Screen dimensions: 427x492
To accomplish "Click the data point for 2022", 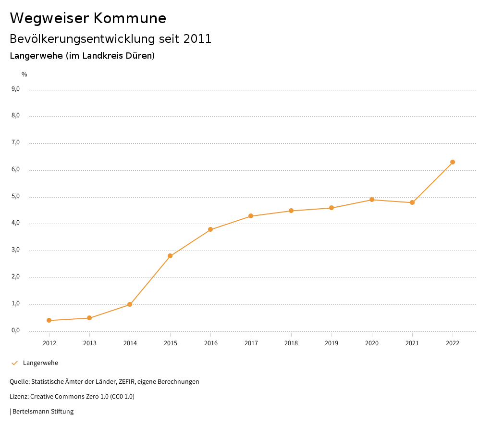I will point(453,162).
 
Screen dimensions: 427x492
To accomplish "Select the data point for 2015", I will point(170,256).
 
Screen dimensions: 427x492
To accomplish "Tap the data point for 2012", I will point(49,320).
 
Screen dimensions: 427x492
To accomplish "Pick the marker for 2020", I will point(372,200).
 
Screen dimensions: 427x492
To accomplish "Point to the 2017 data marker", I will point(251,216).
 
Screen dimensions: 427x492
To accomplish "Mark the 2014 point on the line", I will point(130,304).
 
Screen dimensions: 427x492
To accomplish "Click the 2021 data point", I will point(412,202).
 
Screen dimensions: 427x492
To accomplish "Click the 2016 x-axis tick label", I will point(210,343).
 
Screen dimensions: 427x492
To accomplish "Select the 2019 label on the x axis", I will point(332,343).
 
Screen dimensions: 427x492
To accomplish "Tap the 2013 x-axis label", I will point(89,343).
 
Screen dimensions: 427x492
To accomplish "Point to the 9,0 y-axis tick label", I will point(16,89).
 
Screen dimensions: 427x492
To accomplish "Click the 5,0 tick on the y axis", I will point(16,196).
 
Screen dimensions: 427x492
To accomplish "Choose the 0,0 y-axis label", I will point(16,330).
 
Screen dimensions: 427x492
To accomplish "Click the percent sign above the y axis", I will point(25,75).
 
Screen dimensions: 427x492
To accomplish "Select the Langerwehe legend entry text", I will point(40,363).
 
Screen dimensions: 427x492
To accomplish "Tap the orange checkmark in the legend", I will point(14,363).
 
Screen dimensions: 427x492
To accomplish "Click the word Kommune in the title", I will point(130,18).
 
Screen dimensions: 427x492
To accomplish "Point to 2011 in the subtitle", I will point(197,39).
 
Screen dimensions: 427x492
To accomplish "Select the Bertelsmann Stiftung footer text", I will point(43,412).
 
